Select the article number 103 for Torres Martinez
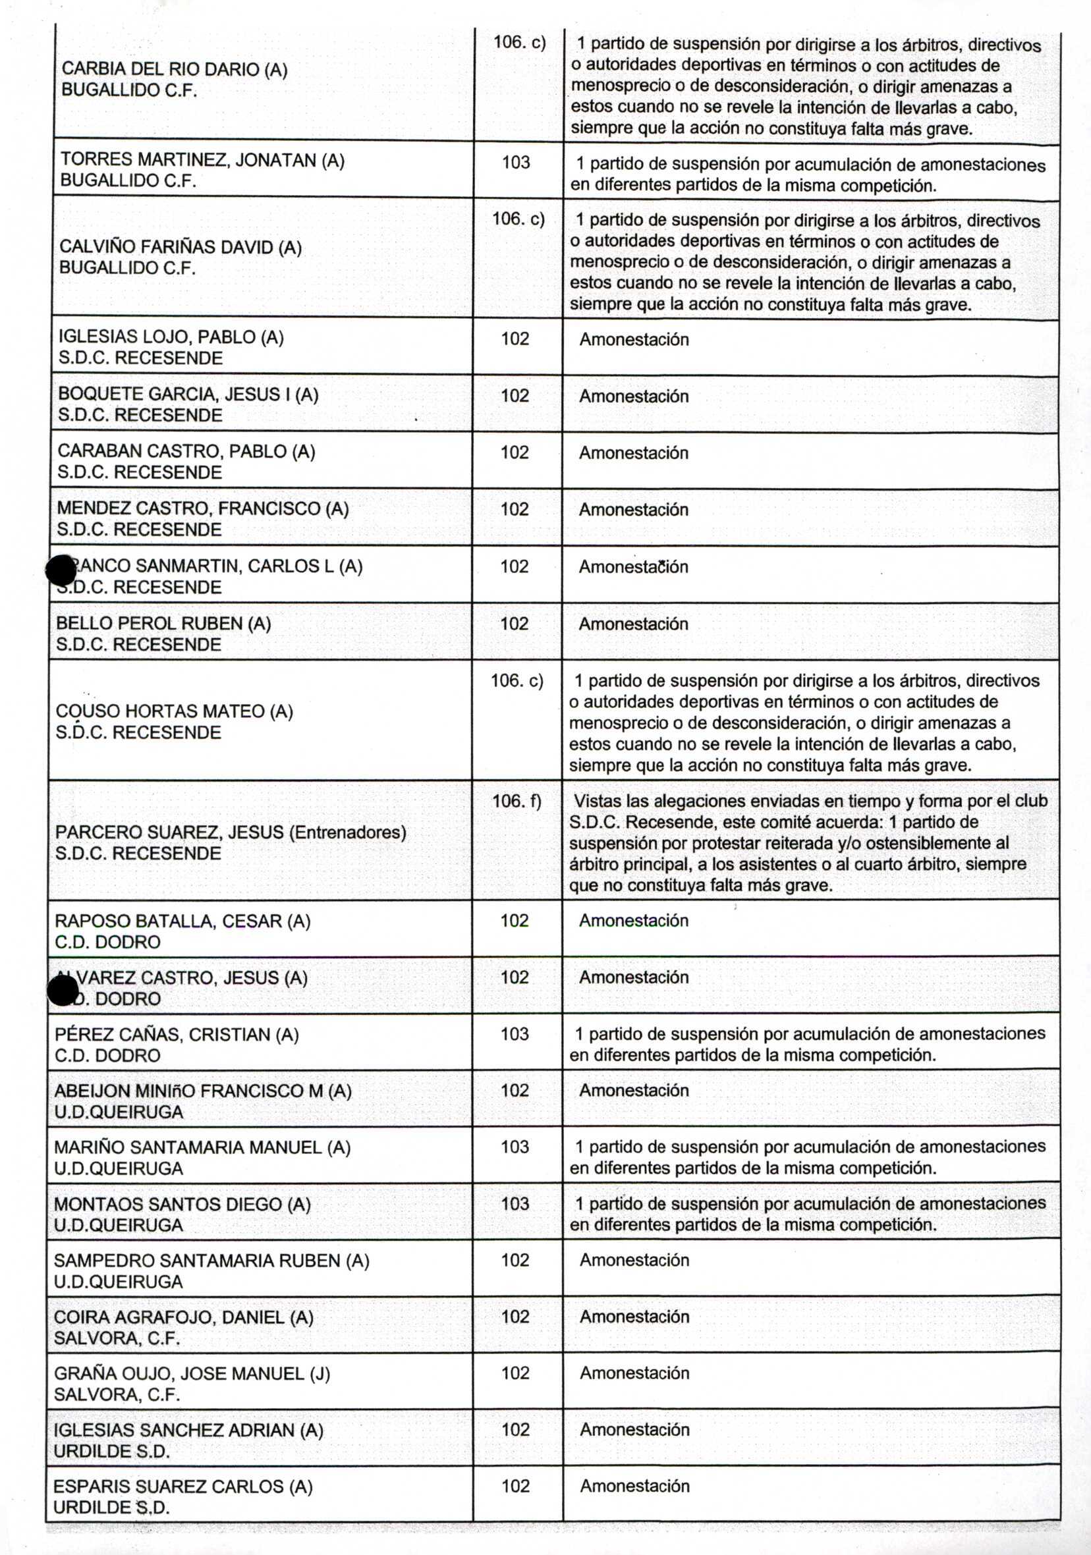[516, 163]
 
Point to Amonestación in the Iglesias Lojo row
[634, 339]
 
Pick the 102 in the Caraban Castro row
[515, 452]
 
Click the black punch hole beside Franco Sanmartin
[61, 571]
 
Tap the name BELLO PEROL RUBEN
[163, 623]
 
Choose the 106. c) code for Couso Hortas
[517, 680]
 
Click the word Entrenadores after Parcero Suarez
[347, 832]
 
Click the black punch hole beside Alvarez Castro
[63, 992]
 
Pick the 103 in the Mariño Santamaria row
[515, 1147]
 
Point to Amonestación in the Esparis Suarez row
[634, 1486]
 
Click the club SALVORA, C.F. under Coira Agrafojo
[117, 1338]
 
